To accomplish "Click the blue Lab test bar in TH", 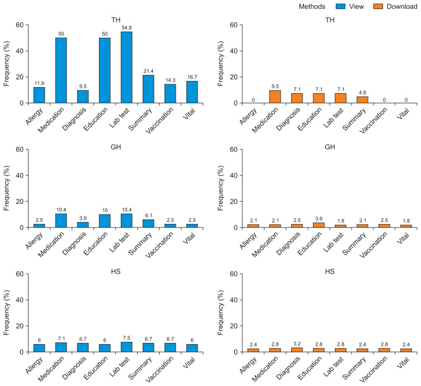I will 127,68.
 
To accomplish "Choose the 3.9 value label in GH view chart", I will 83,218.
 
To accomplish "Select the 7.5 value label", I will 127,338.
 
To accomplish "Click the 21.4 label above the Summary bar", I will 148,71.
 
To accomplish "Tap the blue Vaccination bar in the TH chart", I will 170,93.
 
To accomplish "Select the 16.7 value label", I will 192,77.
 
